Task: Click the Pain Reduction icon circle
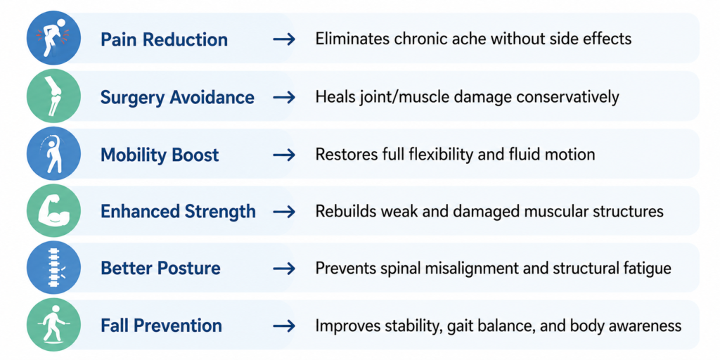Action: (x=53, y=38)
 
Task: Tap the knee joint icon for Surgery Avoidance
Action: (x=53, y=96)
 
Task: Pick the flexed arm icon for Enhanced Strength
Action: (x=53, y=211)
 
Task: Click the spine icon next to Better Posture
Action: (x=53, y=268)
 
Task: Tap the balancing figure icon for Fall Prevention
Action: (x=53, y=326)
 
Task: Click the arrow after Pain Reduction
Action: (x=284, y=39)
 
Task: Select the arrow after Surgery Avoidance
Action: (x=284, y=97)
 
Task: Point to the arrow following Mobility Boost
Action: (x=284, y=155)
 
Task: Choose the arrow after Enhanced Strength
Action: (x=284, y=212)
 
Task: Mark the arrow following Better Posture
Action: (x=284, y=269)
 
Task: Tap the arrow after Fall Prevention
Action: (x=284, y=326)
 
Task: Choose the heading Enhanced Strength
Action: (x=178, y=211)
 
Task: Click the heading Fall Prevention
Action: (x=161, y=326)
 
